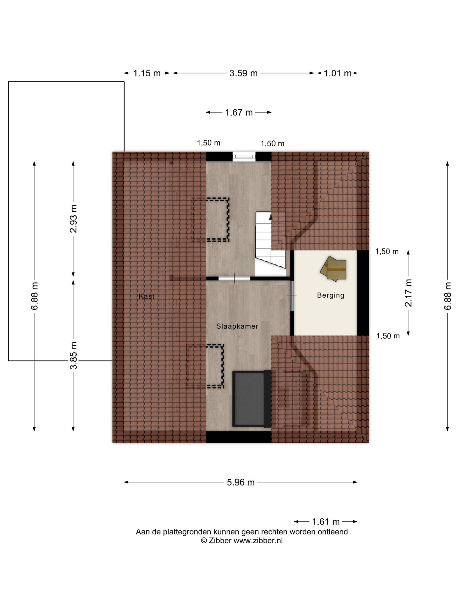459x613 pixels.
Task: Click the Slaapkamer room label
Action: (x=237, y=326)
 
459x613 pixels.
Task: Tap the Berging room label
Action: (x=331, y=295)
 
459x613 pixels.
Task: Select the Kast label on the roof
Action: (x=147, y=296)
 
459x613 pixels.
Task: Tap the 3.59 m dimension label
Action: (x=243, y=74)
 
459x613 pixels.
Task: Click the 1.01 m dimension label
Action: (x=338, y=74)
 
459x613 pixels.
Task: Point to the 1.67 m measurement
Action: (x=239, y=113)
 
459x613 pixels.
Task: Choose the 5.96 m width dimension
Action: (x=241, y=482)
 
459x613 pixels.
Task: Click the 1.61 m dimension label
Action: (x=326, y=522)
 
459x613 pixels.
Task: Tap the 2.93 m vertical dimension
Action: (x=74, y=219)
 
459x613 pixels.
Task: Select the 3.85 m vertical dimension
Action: (x=74, y=356)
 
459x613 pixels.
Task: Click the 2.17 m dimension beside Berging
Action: (x=408, y=293)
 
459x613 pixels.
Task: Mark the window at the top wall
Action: (x=244, y=157)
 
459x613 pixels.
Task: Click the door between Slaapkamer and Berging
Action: (x=292, y=296)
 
